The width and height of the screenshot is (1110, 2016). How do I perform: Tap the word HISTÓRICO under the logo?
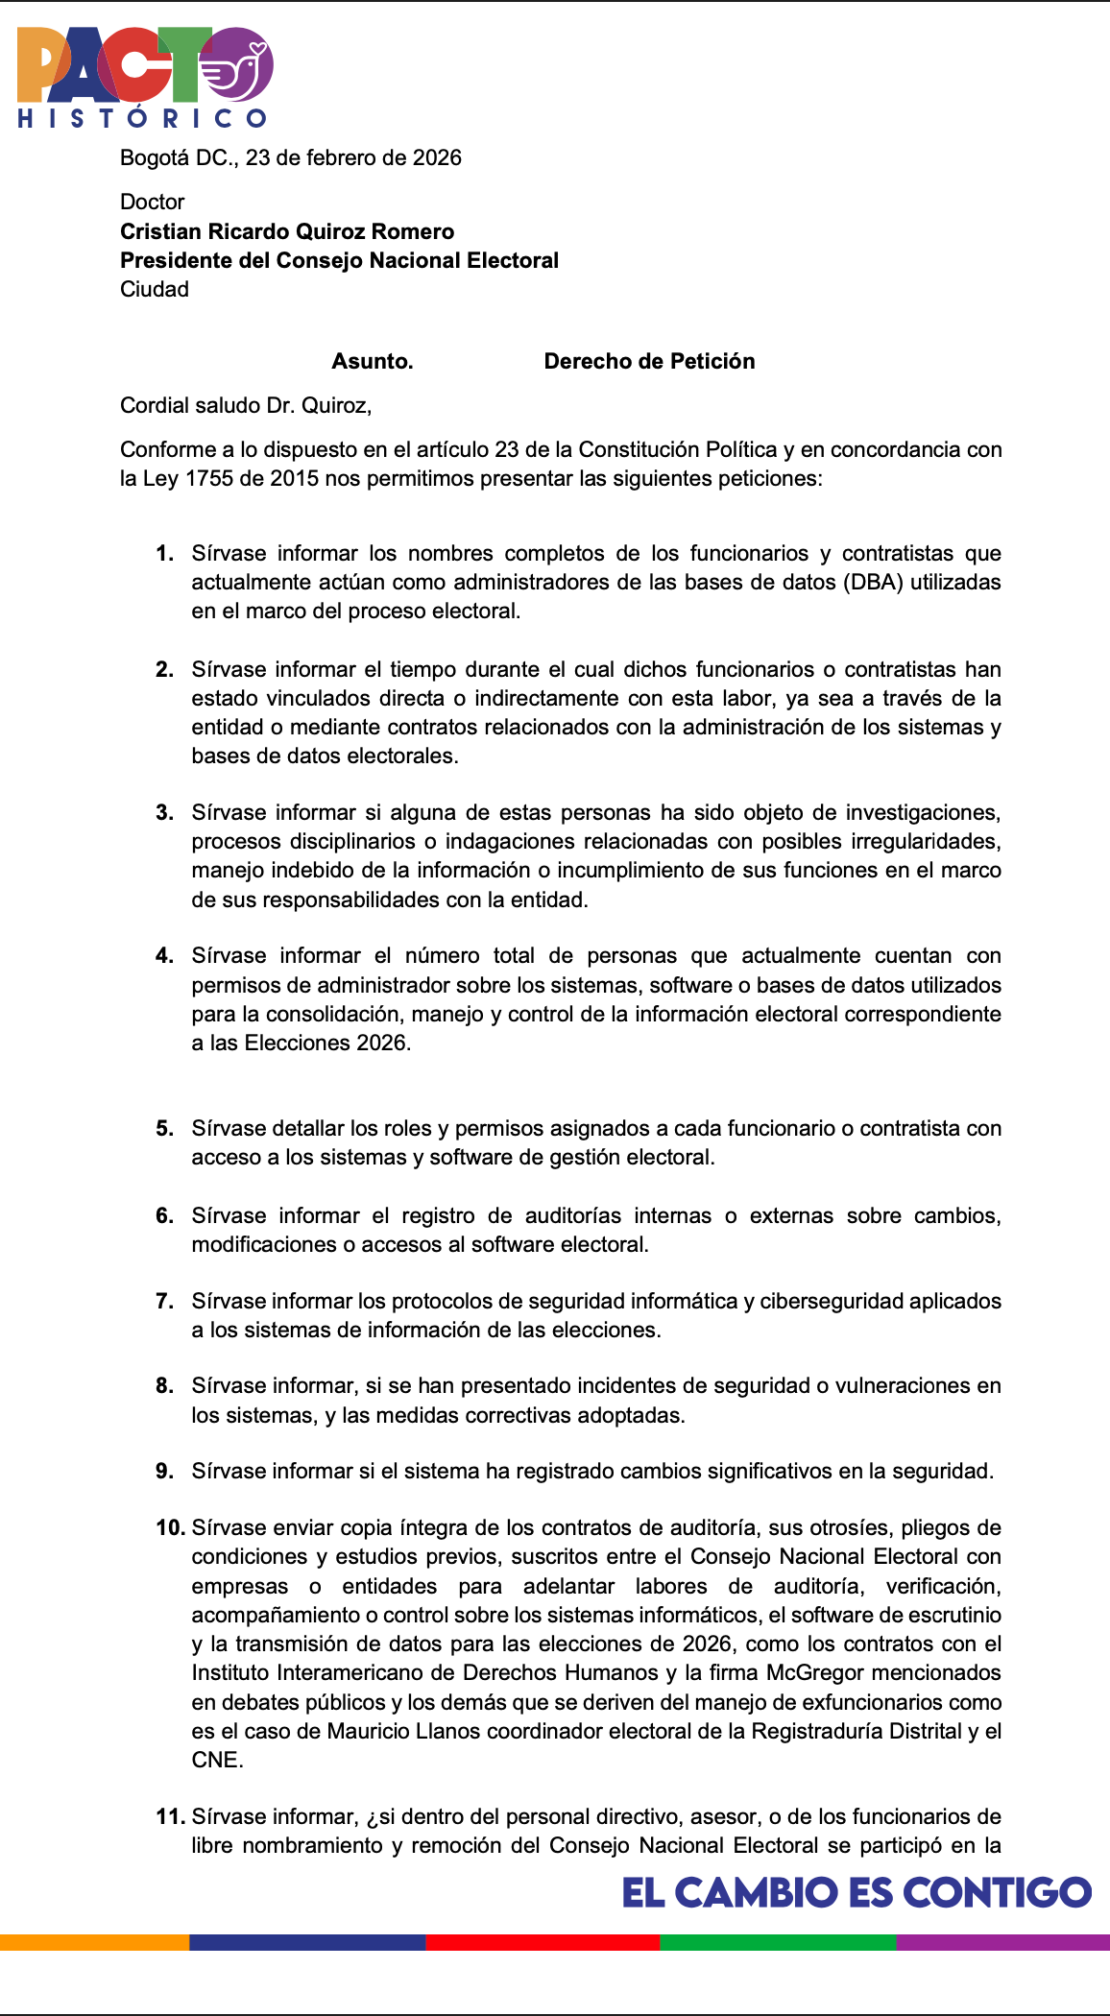click(x=142, y=118)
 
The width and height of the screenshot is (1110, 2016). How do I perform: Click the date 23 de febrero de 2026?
click(x=353, y=157)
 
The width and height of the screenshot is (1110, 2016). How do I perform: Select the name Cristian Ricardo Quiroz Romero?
click(x=287, y=231)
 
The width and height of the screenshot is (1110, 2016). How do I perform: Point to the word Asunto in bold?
click(x=372, y=361)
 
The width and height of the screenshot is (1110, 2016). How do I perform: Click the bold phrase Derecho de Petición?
click(x=649, y=361)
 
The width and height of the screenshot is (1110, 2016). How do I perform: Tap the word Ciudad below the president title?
click(x=155, y=289)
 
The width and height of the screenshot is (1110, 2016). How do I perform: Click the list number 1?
click(x=164, y=553)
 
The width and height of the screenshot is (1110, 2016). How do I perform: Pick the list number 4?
click(x=164, y=955)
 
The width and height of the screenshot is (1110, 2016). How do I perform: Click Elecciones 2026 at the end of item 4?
click(x=326, y=1043)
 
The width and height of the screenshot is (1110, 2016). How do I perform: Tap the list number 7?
click(x=164, y=1301)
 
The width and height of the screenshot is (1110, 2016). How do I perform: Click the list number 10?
click(x=169, y=1527)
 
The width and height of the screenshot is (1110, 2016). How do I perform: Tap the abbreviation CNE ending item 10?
click(x=215, y=1760)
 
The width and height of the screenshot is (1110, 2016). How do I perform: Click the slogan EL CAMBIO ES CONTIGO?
click(x=857, y=1892)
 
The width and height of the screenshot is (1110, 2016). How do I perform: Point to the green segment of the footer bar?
click(x=778, y=1942)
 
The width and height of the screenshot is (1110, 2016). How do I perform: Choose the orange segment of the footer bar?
click(x=94, y=1942)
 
